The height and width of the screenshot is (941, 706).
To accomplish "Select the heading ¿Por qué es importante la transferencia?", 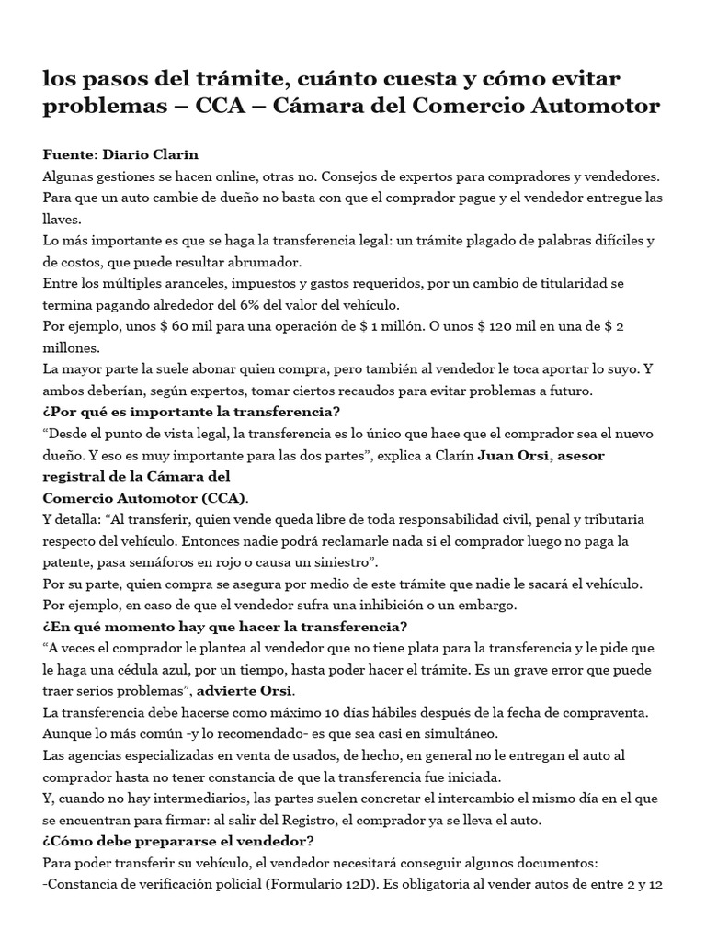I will click(191, 411).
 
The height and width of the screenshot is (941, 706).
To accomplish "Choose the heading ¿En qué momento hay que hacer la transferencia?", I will click(225, 627).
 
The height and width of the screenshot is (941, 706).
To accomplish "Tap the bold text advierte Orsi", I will click(264, 690).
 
